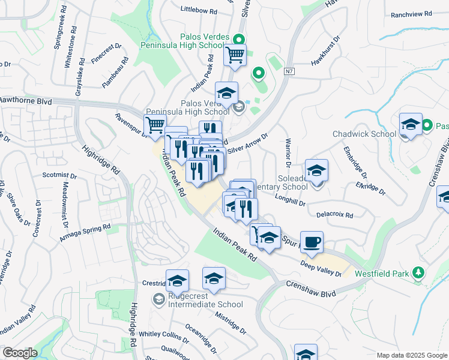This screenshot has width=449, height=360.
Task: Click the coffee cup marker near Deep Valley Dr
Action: (312, 242)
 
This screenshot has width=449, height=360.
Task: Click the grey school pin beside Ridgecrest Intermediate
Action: (158, 299)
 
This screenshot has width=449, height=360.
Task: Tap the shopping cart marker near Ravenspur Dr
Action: (155, 125)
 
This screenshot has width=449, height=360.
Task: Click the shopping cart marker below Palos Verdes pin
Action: (235, 56)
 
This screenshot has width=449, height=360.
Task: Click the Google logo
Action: (20, 353)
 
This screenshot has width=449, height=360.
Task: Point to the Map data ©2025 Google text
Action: (411, 355)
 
